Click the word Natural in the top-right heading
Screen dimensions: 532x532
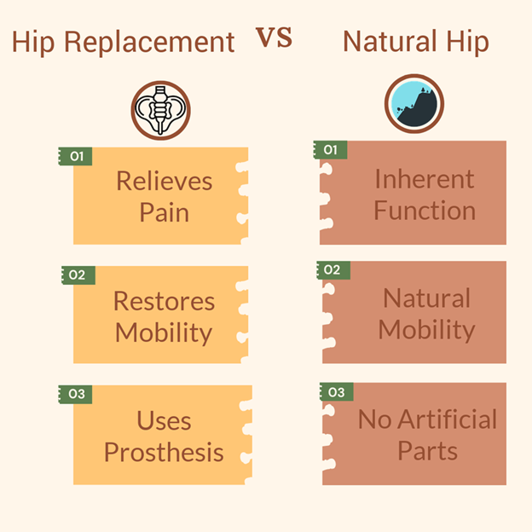(390, 42)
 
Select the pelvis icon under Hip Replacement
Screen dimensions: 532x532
(161, 110)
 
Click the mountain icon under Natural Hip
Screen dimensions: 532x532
(414, 104)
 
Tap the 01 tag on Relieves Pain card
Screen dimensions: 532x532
(75, 156)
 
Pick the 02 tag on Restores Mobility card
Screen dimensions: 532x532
(78, 275)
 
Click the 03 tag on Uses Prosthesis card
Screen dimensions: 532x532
(75, 394)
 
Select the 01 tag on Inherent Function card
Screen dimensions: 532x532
(330, 150)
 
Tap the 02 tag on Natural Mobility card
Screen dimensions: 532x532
(333, 270)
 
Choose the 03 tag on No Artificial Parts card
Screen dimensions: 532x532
(337, 392)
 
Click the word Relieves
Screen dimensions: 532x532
(165, 182)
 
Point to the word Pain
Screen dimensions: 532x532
(165, 213)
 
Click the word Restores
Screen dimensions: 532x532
(165, 301)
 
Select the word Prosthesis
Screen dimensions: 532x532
(164, 453)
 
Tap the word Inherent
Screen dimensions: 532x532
(425, 179)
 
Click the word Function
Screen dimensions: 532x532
(425, 211)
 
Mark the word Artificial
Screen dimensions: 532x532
(448, 419)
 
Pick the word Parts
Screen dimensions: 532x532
(427, 451)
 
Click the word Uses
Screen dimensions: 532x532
(164, 420)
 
